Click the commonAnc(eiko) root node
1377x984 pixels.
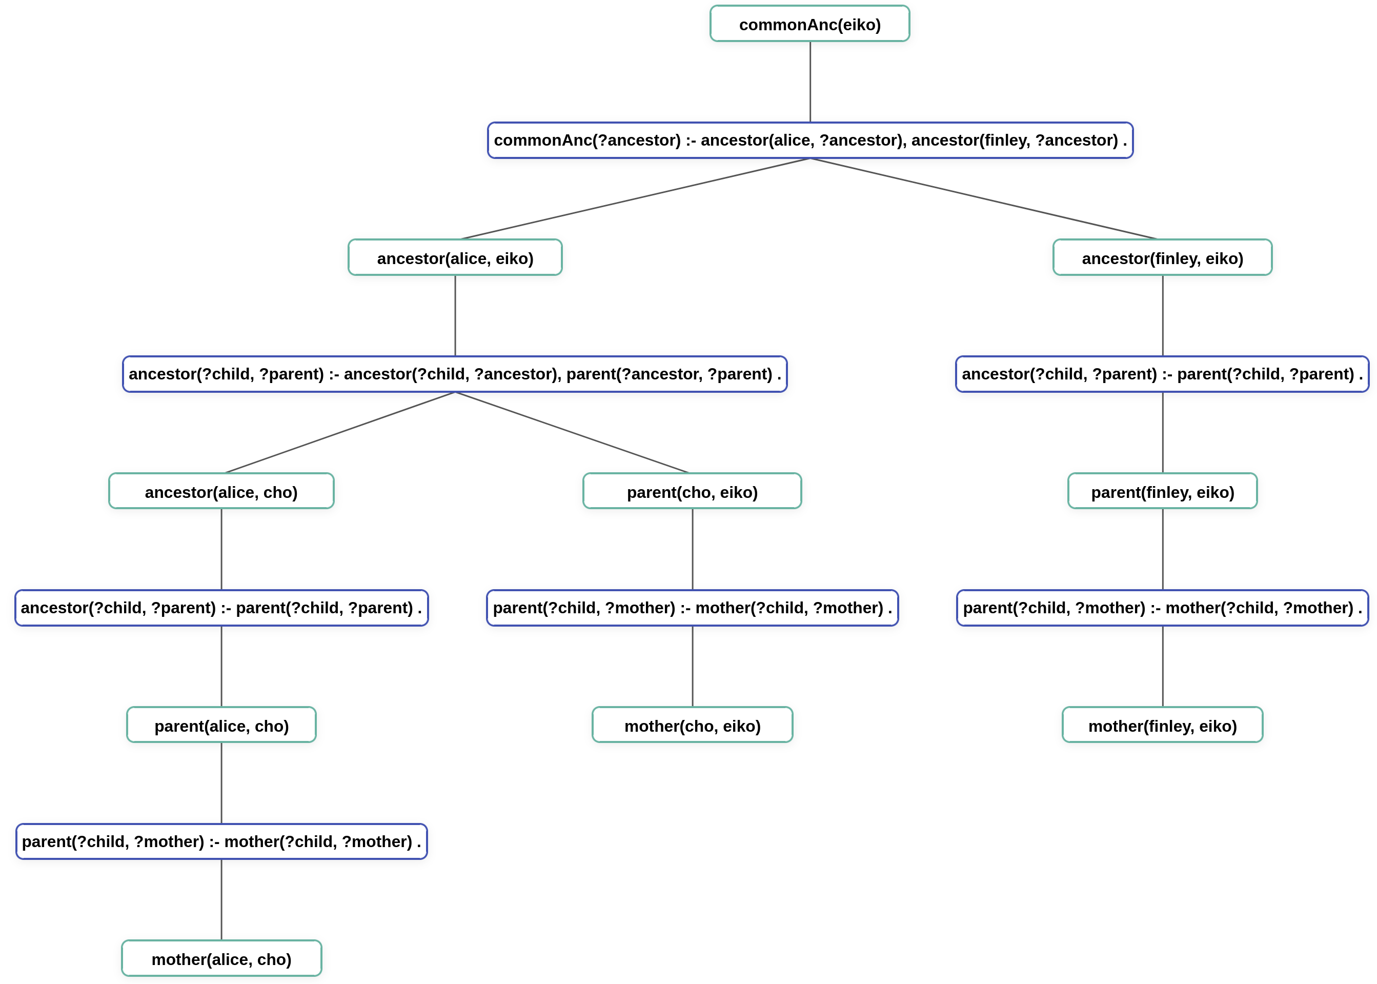[809, 24]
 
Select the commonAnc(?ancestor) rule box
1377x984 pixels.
[809, 140]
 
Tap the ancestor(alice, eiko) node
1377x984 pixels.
[455, 258]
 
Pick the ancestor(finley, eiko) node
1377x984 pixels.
[1162, 258]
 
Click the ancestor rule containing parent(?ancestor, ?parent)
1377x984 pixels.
[454, 374]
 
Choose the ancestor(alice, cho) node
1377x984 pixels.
[221, 492]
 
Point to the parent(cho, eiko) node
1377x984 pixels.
[692, 492]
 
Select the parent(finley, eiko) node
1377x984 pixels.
[1162, 492]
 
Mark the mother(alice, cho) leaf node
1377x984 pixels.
[221, 959]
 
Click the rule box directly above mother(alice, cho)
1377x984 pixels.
[221, 842]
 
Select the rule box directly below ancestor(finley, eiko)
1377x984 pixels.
[1162, 374]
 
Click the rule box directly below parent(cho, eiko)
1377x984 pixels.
[692, 608]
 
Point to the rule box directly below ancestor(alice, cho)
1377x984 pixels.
[221, 608]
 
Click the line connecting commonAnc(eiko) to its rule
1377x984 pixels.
[810, 82]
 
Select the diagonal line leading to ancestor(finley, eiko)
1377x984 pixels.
[984, 199]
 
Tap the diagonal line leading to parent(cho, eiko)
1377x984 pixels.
[573, 432]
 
